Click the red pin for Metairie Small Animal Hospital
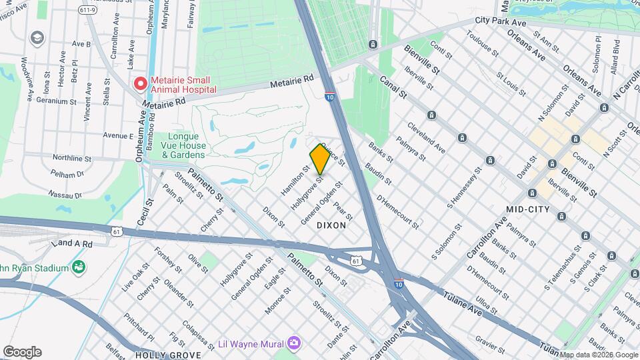(x=140, y=84)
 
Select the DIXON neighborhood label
(x=331, y=225)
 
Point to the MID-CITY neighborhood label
(x=528, y=209)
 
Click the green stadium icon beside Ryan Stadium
(x=79, y=268)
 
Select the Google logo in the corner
(x=22, y=351)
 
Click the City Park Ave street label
(x=500, y=22)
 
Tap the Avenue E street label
(x=118, y=135)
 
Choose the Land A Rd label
(x=75, y=245)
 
